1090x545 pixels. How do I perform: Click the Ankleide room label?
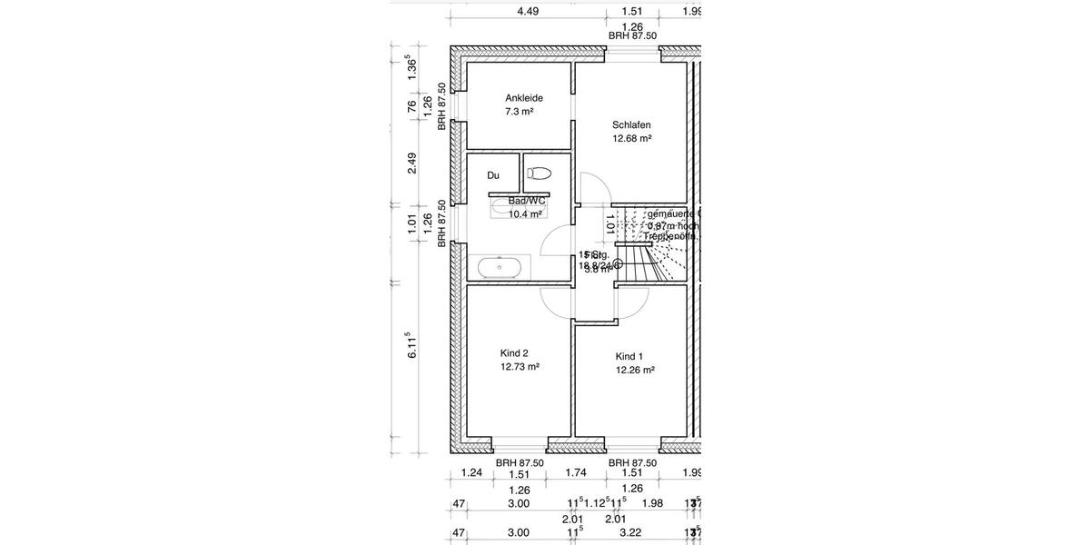523,98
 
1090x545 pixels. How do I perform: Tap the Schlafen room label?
631,125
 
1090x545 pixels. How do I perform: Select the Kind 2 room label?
514,353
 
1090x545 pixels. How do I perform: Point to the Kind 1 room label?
629,356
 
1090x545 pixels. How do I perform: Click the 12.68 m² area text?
632,139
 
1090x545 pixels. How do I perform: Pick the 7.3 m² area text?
519,112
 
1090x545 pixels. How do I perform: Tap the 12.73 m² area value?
520,367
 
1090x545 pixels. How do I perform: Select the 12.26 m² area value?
635,370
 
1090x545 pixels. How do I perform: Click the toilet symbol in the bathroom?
540,173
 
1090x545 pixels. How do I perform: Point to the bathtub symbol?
500,268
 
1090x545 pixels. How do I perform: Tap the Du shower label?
493,175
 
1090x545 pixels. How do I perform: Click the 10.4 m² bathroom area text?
525,214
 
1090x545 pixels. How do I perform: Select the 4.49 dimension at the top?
528,12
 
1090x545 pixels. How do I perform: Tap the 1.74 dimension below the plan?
574,473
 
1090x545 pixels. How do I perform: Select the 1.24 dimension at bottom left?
471,473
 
